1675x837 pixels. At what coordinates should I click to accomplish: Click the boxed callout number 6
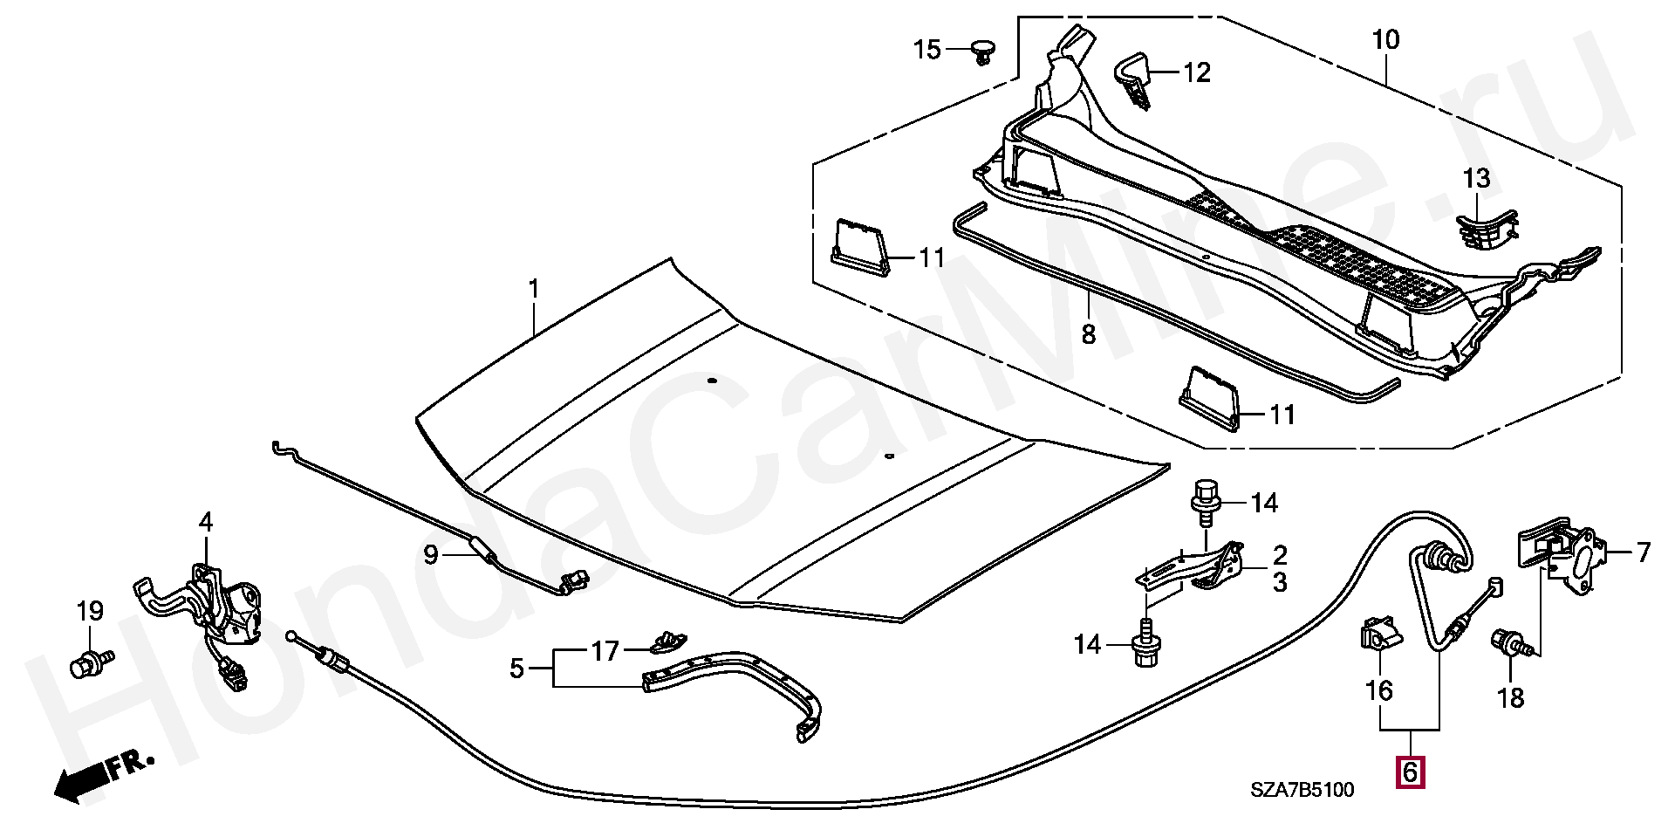pos(1411,772)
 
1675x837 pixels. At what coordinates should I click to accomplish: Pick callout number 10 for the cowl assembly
pos(1384,40)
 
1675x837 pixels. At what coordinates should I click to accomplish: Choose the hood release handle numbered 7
pos(1562,558)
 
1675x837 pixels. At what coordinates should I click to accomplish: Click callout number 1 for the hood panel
pos(534,289)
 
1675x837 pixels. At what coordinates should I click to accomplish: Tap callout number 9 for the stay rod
pos(431,554)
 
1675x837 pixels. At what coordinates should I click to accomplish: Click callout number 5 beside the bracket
pos(516,669)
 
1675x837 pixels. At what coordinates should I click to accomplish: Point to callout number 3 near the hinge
pos(1279,582)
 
